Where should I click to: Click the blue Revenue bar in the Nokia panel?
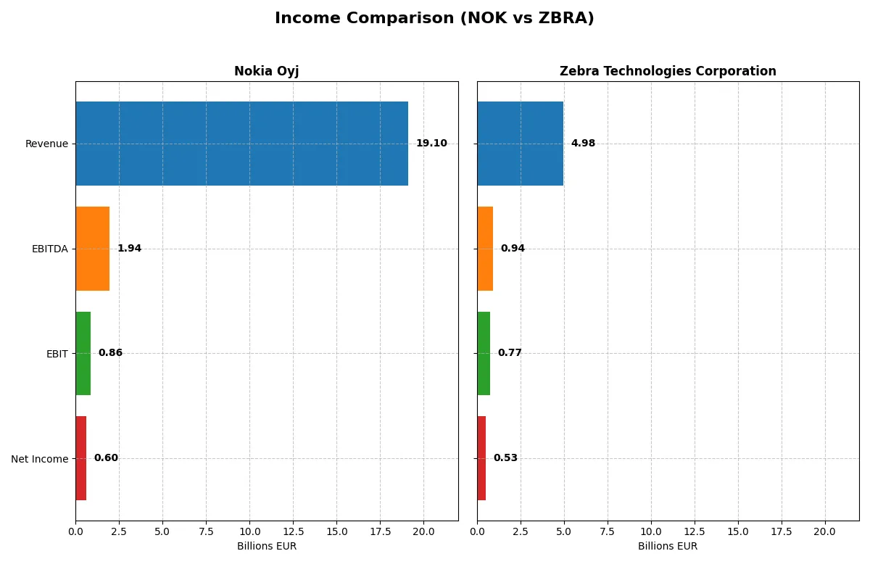click(x=241, y=144)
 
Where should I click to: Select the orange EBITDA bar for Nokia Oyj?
click(x=92, y=249)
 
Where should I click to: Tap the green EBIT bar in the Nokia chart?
click(x=83, y=353)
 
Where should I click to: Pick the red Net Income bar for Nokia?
click(x=80, y=458)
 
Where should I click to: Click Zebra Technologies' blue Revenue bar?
click(x=520, y=144)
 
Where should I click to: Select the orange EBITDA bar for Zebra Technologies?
click(x=485, y=249)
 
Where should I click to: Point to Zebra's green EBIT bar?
click(x=484, y=353)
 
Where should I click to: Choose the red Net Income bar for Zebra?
click(x=481, y=458)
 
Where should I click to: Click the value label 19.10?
click(x=431, y=144)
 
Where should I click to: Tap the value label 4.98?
click(x=583, y=144)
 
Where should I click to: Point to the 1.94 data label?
click(x=129, y=249)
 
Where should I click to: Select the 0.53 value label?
click(x=505, y=458)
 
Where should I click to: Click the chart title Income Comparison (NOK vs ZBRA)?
click(x=434, y=19)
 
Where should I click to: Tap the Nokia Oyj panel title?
click(x=266, y=72)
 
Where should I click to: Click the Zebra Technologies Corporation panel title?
click(x=668, y=72)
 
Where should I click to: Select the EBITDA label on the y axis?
click(x=50, y=249)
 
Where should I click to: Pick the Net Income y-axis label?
click(x=40, y=459)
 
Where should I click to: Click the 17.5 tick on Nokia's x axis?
click(x=380, y=531)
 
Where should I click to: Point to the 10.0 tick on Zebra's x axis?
click(x=651, y=531)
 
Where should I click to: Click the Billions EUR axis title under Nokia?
click(x=266, y=547)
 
